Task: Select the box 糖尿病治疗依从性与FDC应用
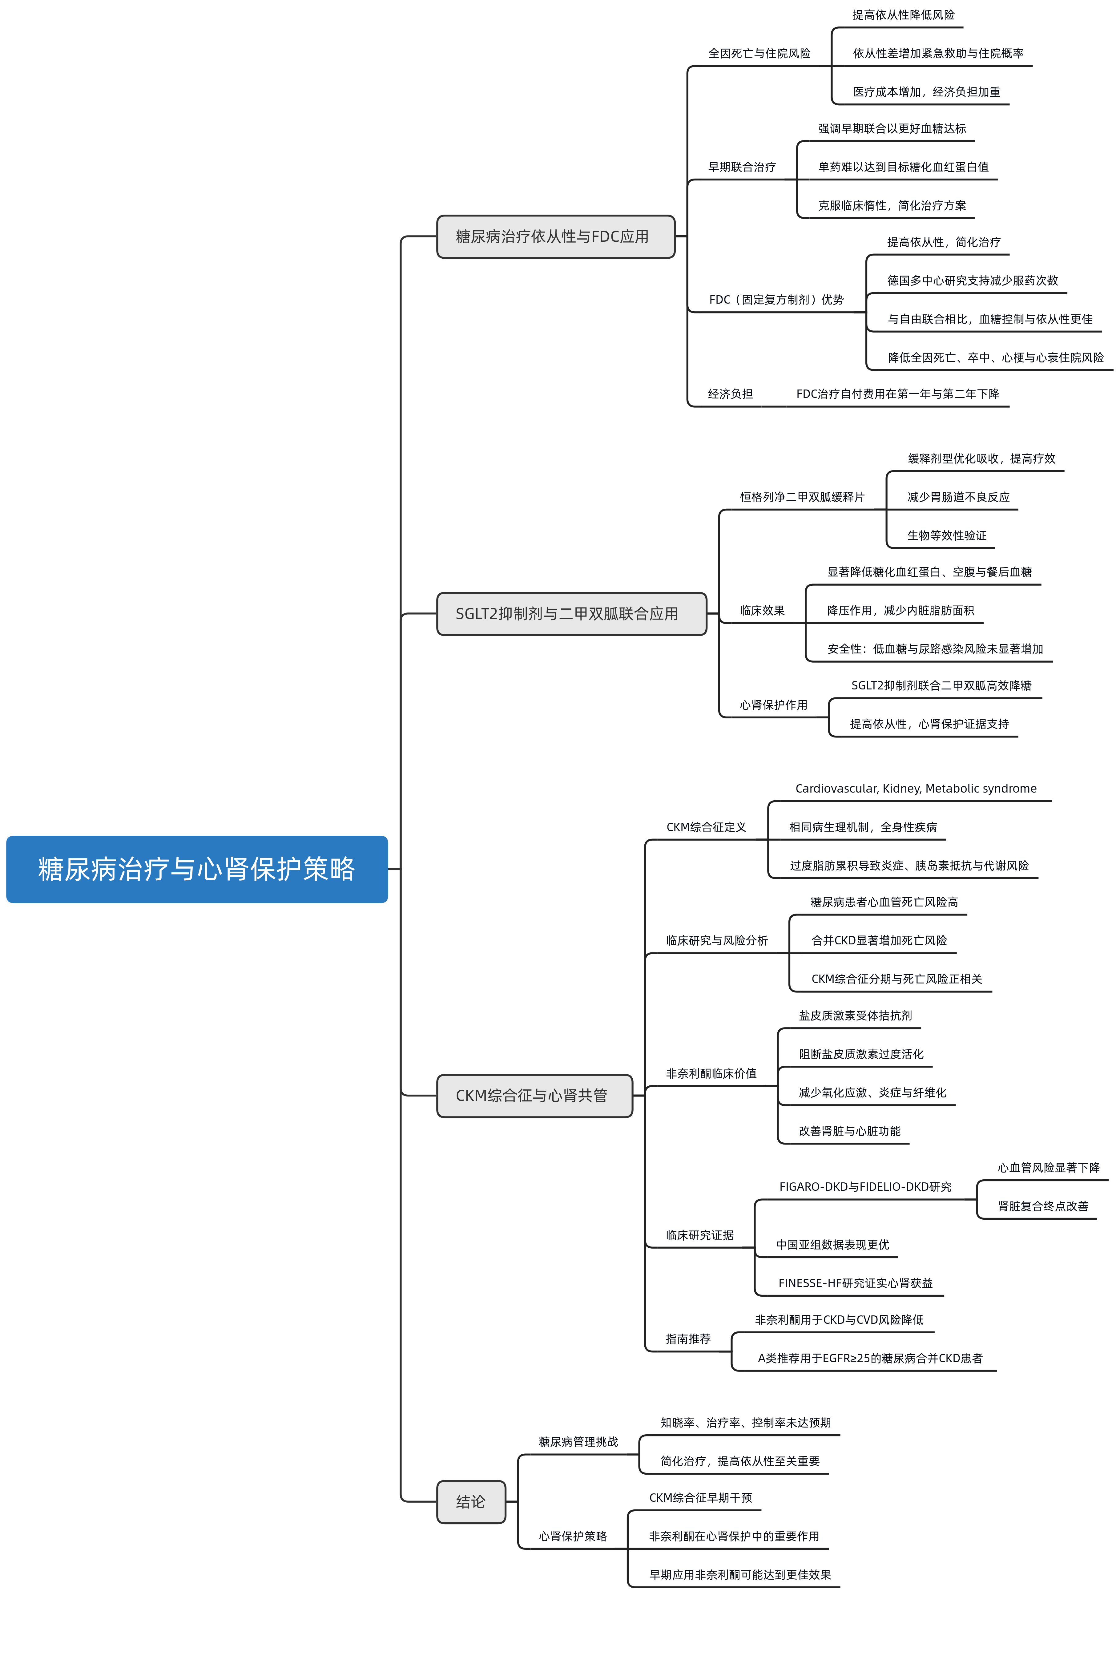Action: tap(556, 236)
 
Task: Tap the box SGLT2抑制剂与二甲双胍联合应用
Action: tap(571, 614)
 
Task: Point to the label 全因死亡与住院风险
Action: tap(759, 54)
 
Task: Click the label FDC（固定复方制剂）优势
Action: tap(776, 300)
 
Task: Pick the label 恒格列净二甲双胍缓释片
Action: tap(802, 497)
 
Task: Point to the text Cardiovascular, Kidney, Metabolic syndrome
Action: tap(916, 789)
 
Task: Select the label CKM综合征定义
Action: tap(707, 827)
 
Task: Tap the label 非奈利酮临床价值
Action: tap(711, 1074)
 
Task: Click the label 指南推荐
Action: tap(689, 1339)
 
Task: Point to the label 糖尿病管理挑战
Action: tap(578, 1442)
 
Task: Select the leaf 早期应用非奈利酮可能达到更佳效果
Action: tap(740, 1575)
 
